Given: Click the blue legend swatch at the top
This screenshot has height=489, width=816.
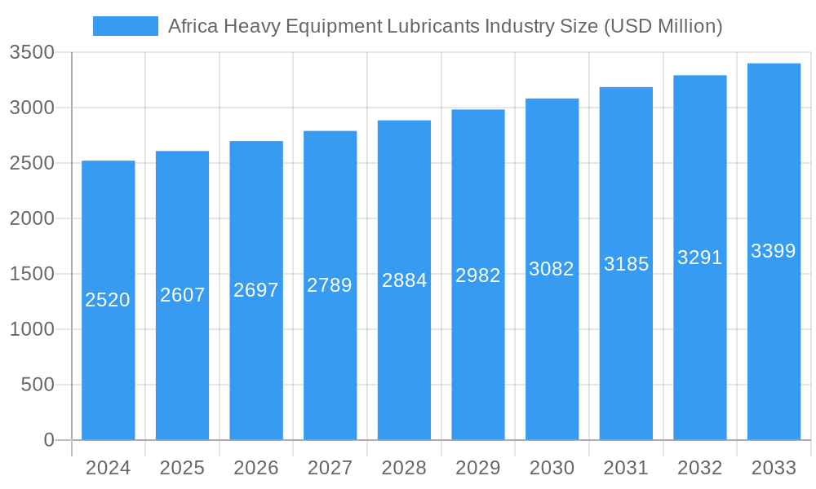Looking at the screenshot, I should (125, 26).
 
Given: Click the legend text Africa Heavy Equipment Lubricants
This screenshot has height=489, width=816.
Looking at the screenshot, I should (445, 26).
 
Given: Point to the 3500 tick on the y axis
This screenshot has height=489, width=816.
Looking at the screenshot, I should (32, 53).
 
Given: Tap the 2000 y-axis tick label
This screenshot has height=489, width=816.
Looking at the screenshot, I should (32, 218).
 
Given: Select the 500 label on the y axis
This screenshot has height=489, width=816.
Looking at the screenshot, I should (38, 385).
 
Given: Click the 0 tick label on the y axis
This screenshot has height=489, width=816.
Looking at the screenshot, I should (48, 440).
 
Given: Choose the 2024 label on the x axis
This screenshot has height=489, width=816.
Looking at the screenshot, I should (108, 468).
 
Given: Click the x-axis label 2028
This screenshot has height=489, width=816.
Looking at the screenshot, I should (404, 468).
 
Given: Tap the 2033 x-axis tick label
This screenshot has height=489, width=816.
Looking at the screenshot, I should (774, 468).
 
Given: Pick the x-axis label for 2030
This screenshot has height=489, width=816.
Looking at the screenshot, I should (552, 468).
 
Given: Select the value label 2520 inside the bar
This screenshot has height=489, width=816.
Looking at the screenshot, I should (108, 300).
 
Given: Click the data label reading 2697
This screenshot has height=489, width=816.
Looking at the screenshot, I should (256, 290).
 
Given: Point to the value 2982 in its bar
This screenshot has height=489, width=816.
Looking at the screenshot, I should (478, 275).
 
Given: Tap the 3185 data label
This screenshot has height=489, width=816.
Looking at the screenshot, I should (626, 264).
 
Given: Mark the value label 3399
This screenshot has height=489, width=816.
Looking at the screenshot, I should (774, 251).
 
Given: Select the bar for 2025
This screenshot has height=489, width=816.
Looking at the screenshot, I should (182, 367).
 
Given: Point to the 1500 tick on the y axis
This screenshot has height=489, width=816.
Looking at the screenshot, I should (32, 274).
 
